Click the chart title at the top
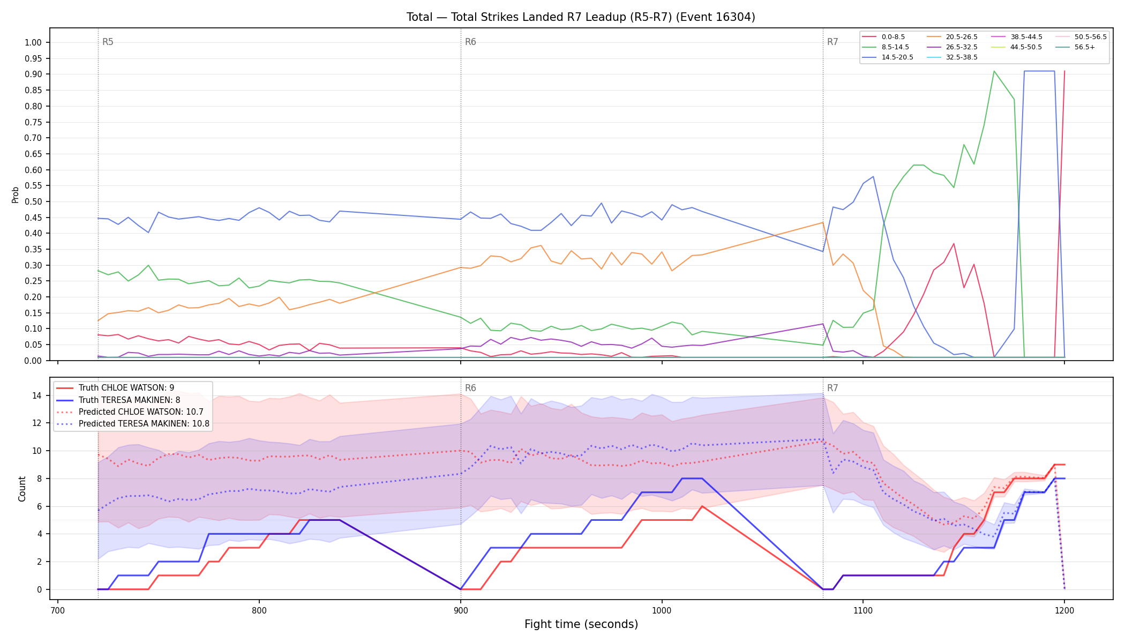click(x=581, y=17)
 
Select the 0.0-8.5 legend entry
click(x=883, y=37)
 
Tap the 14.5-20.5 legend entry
click(x=888, y=57)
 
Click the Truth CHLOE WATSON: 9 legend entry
click(x=115, y=388)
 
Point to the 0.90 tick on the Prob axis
click(x=33, y=74)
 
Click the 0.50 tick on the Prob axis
click(x=33, y=202)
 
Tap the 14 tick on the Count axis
click(x=37, y=396)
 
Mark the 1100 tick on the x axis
click(x=863, y=610)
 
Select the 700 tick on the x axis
click(x=58, y=610)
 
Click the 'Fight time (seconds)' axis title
click(x=581, y=625)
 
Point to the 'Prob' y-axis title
click(x=16, y=195)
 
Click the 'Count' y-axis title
click(x=22, y=489)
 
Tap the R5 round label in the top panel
click(x=108, y=42)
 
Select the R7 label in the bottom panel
click(x=832, y=388)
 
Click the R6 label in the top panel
click(x=470, y=42)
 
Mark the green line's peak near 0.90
click(x=994, y=71)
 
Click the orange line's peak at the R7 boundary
click(x=822, y=222)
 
